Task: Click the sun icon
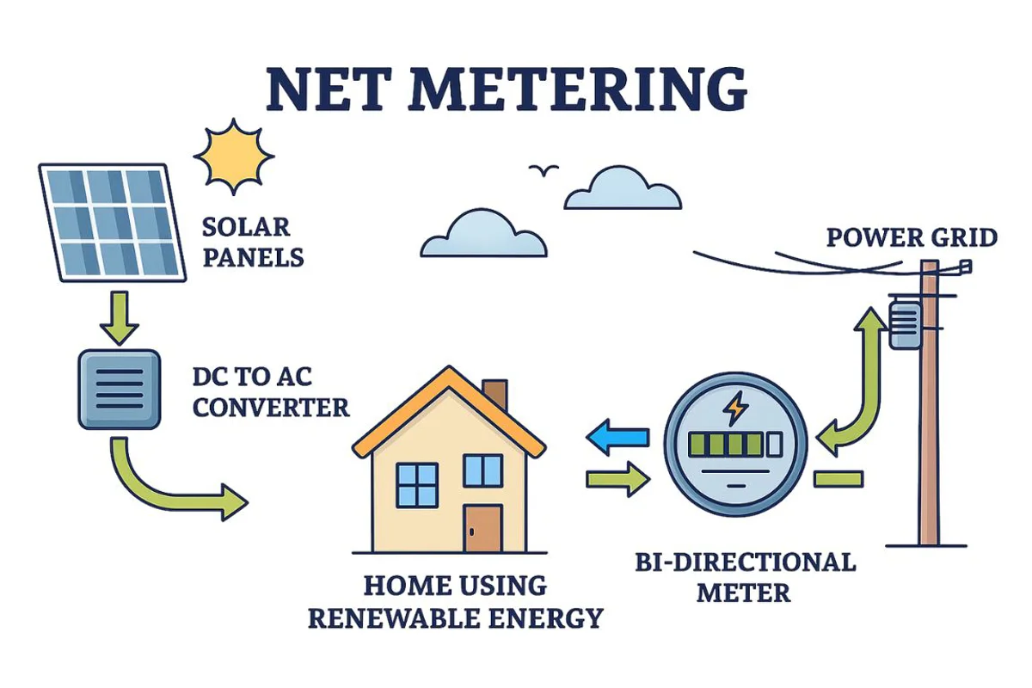tap(233, 157)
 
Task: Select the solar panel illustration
tap(112, 223)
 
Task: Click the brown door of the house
tap(482, 528)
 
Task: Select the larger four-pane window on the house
tap(418, 484)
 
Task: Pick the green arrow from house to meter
tap(617, 479)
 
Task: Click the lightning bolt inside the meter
tap(736, 409)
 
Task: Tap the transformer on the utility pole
tap(905, 323)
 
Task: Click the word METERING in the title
tap(584, 88)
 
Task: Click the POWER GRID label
tap(911, 237)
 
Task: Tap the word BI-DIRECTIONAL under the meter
tap(746, 562)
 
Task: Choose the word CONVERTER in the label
tap(271, 407)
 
